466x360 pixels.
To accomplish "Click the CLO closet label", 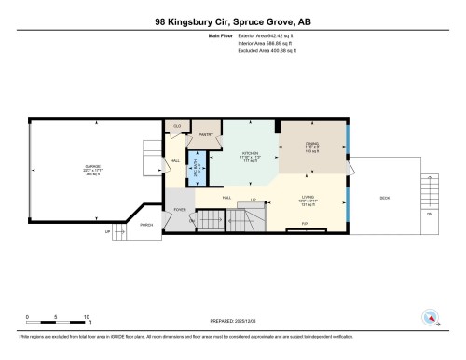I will pyautogui.click(x=176, y=126).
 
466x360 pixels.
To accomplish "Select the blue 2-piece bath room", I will pyautogui.click(x=197, y=167).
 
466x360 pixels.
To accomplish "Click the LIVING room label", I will pyautogui.click(x=308, y=198).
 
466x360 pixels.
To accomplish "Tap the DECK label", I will pyautogui.click(x=384, y=198).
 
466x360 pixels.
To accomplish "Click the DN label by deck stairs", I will pyautogui.click(x=430, y=215).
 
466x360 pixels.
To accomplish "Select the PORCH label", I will pyautogui.click(x=146, y=226).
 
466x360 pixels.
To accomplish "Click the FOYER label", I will pyautogui.click(x=179, y=210).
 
